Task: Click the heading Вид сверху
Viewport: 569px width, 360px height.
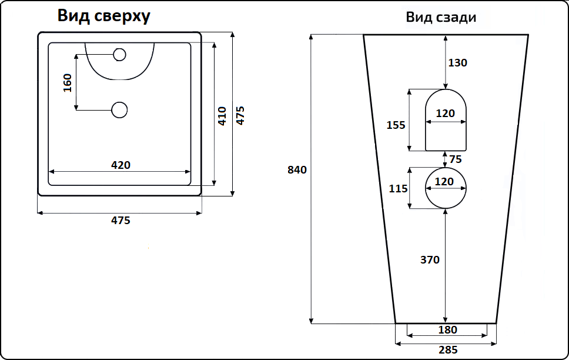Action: pos(103,16)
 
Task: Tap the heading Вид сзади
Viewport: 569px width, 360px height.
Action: pos(441,17)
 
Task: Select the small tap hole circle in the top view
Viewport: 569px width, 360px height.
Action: pos(119,55)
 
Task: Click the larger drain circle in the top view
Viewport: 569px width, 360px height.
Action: pos(119,109)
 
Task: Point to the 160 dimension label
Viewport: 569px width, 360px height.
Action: pos(67,82)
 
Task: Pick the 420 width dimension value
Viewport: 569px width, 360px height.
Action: pos(121,165)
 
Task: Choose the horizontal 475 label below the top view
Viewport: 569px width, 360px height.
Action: pos(121,221)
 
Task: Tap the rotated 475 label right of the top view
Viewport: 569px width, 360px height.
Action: pos(240,115)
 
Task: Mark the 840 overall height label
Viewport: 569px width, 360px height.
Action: pos(297,170)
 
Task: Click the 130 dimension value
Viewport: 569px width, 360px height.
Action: pos(457,63)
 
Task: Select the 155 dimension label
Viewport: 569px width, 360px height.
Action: pos(396,125)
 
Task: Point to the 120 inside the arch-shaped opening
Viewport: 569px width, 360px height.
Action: pos(446,114)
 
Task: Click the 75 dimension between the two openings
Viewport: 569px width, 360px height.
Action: pos(456,159)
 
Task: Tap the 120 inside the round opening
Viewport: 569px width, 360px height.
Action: pos(444,182)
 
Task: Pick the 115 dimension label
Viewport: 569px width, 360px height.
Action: pos(398,188)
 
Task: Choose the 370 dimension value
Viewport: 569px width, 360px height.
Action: pos(430,259)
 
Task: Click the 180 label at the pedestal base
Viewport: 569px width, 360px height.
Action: pos(447,330)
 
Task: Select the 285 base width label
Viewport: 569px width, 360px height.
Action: pos(448,350)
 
